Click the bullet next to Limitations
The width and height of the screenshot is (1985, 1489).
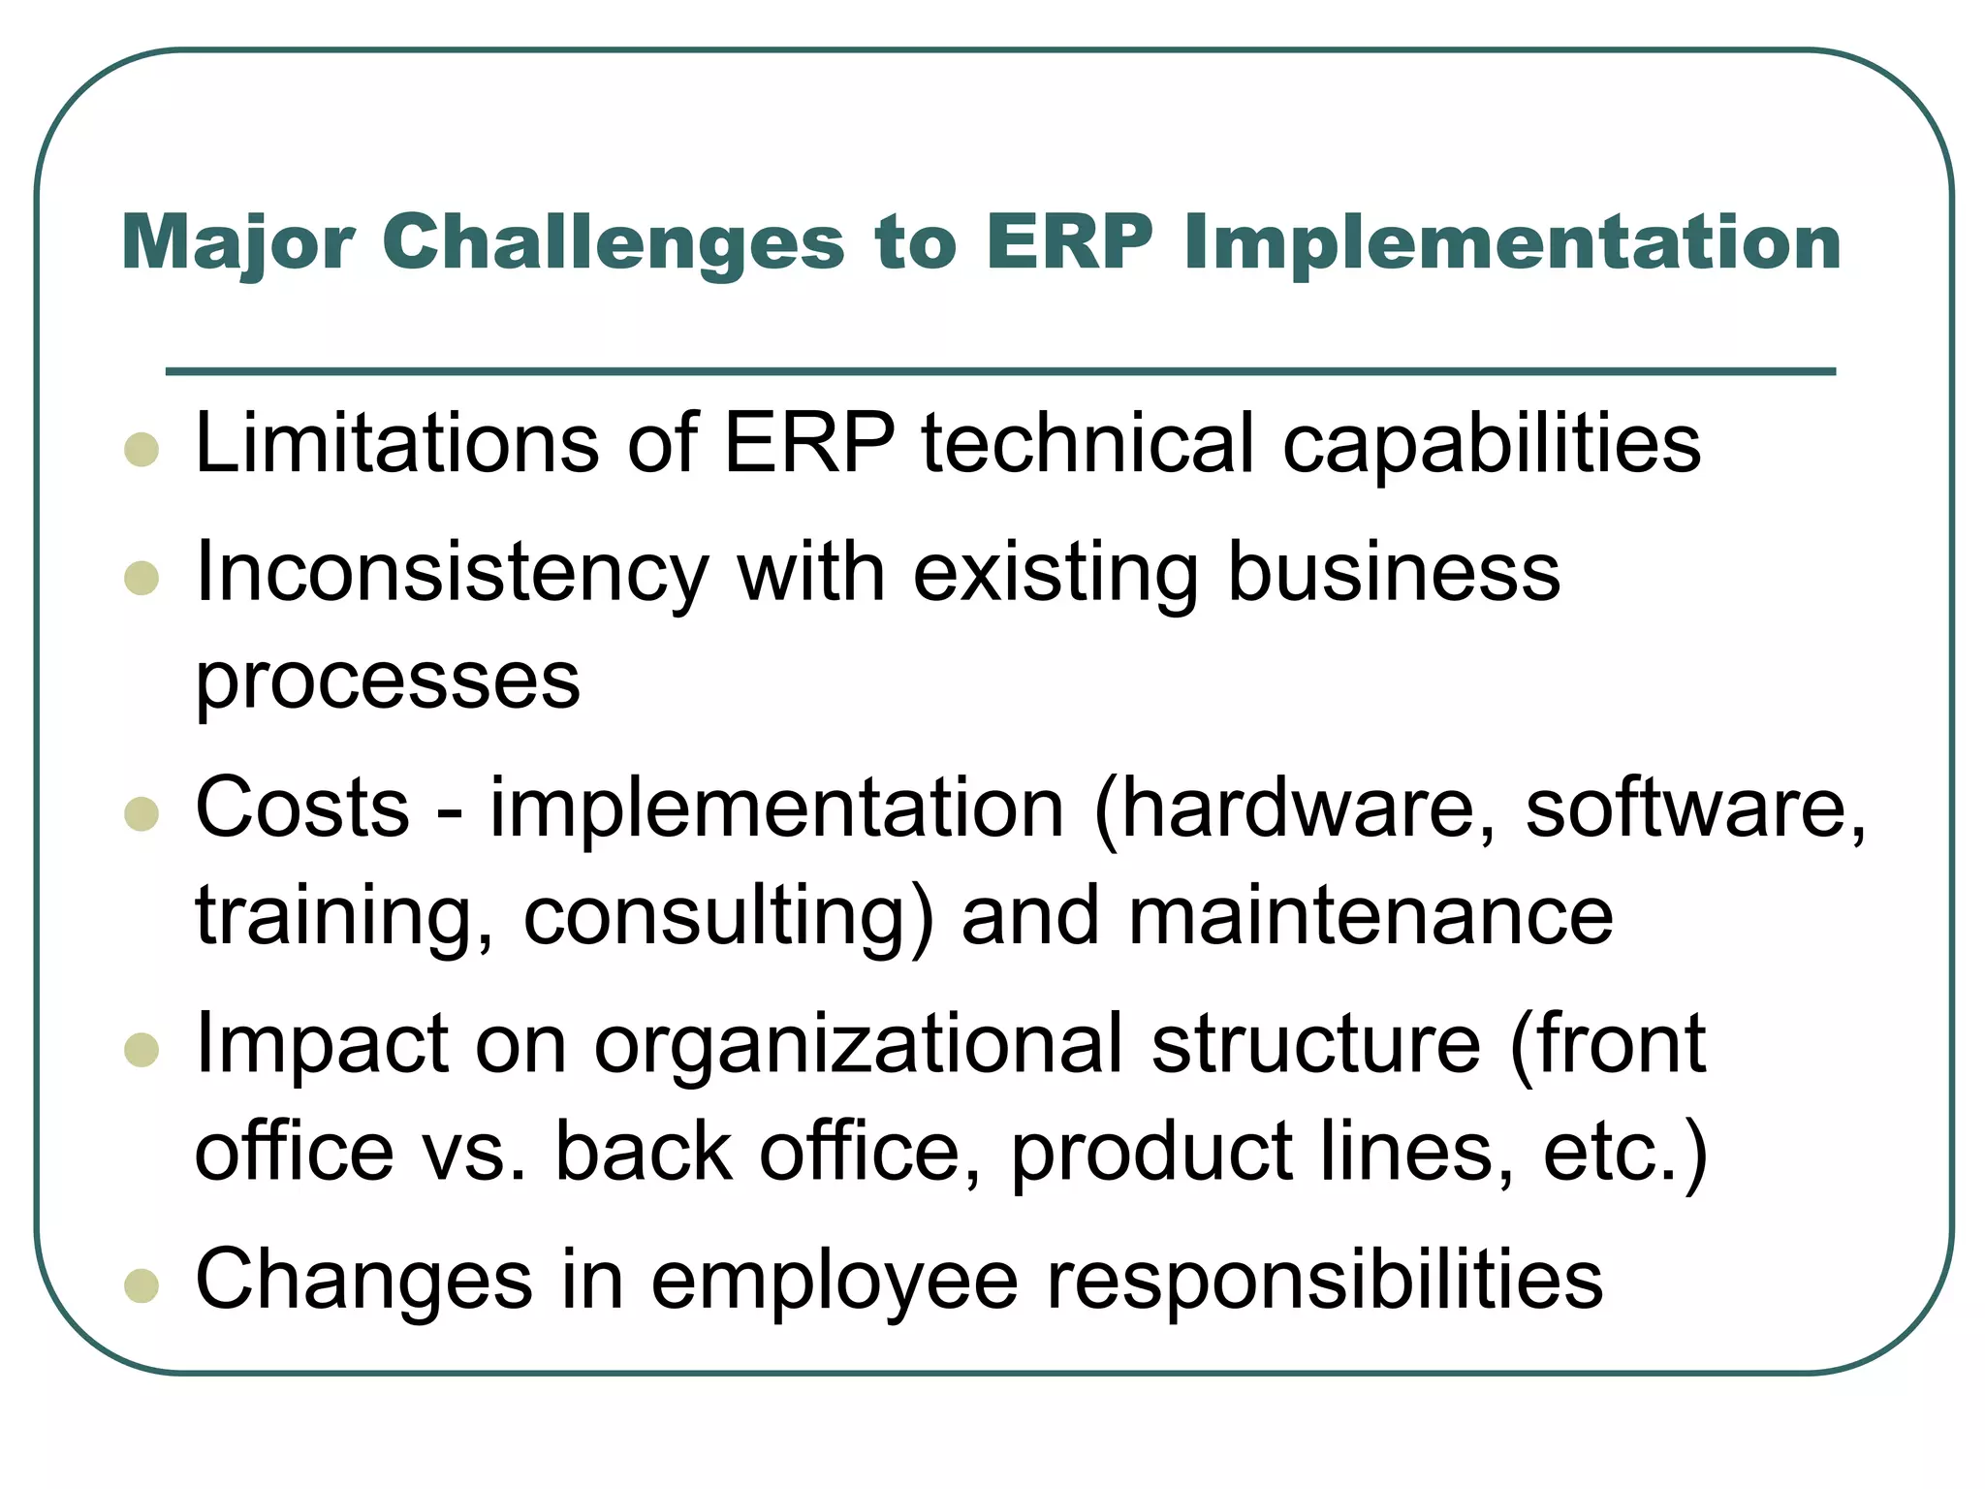[142, 450]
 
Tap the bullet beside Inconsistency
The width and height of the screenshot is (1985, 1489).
[142, 579]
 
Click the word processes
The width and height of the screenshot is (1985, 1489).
[388, 681]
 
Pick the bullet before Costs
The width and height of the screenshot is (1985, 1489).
[142, 814]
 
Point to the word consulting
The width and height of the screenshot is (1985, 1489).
[728, 917]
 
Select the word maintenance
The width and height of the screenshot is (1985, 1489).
[1371, 917]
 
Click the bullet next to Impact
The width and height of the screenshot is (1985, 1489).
[142, 1050]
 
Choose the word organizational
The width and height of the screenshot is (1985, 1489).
[858, 1045]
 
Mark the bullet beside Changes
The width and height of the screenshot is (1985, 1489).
[142, 1285]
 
